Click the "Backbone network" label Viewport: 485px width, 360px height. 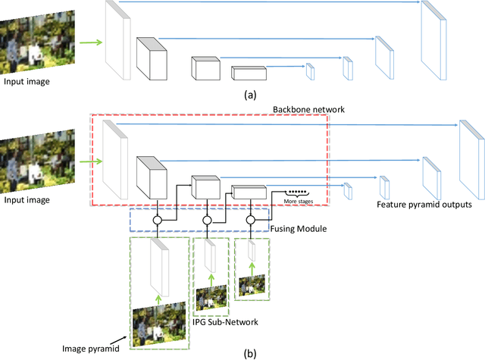[308, 110]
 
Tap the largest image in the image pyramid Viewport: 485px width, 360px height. [159, 325]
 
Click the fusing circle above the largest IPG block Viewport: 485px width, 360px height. [159, 221]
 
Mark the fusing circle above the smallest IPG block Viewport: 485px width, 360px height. [250, 221]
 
